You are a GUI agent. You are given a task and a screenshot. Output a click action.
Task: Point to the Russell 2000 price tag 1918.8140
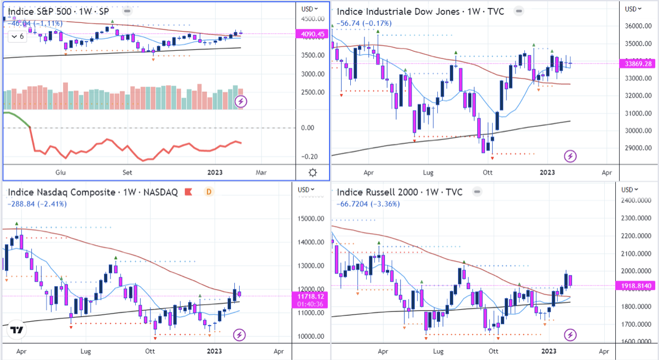(x=640, y=286)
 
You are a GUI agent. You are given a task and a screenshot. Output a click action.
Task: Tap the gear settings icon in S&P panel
(x=313, y=173)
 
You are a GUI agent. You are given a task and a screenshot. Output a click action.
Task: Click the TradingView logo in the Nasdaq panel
(x=16, y=330)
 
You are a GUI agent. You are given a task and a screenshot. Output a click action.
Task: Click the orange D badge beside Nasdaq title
(x=208, y=192)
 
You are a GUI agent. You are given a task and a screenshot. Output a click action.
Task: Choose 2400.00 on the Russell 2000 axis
(x=640, y=201)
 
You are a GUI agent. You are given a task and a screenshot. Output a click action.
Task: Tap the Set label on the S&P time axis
(x=128, y=173)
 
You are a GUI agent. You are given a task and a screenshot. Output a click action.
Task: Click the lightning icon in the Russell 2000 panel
(x=571, y=334)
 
